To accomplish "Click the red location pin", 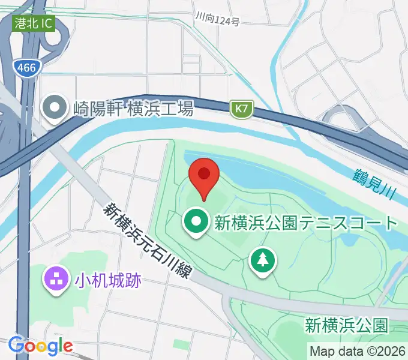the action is pos(204,175).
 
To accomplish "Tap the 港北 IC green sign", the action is pos(35,24).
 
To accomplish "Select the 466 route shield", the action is pos(26,68).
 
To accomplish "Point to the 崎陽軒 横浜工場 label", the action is pos(133,109).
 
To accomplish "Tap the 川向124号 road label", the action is pos(217,22).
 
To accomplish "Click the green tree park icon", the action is pos(262,260).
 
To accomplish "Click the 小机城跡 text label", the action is pos(107,279).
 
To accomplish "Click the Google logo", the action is pos(40,346).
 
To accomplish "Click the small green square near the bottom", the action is pos(181,344).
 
